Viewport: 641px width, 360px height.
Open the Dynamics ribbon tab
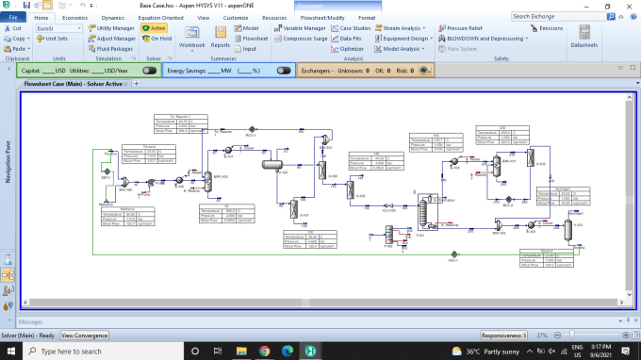[x=112, y=18]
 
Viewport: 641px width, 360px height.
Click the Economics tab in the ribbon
[x=74, y=18]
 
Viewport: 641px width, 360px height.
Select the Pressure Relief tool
[x=486, y=28]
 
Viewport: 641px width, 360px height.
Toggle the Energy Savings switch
[x=284, y=70]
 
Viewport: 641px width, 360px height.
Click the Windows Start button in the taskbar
[x=9, y=351]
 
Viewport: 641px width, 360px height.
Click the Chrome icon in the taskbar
[x=263, y=351]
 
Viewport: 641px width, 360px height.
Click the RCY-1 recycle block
[x=453, y=254]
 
